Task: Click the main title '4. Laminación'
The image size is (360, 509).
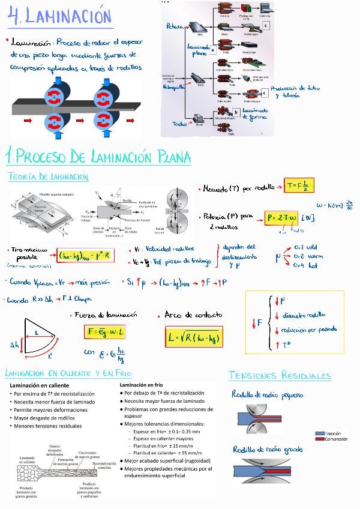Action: click(x=60, y=15)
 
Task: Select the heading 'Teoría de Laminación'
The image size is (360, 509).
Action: click(x=49, y=177)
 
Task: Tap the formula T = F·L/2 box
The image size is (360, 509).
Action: click(x=299, y=186)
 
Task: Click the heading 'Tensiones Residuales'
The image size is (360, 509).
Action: click(x=280, y=376)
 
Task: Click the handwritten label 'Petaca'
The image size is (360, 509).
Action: click(x=174, y=26)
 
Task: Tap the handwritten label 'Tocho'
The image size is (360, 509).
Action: click(x=179, y=124)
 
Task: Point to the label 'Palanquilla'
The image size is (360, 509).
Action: click(x=173, y=86)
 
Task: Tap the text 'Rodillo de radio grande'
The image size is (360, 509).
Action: click(x=267, y=449)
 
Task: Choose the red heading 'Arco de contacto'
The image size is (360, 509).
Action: click(x=193, y=315)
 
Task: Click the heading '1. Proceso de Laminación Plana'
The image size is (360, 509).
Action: click(x=98, y=157)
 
